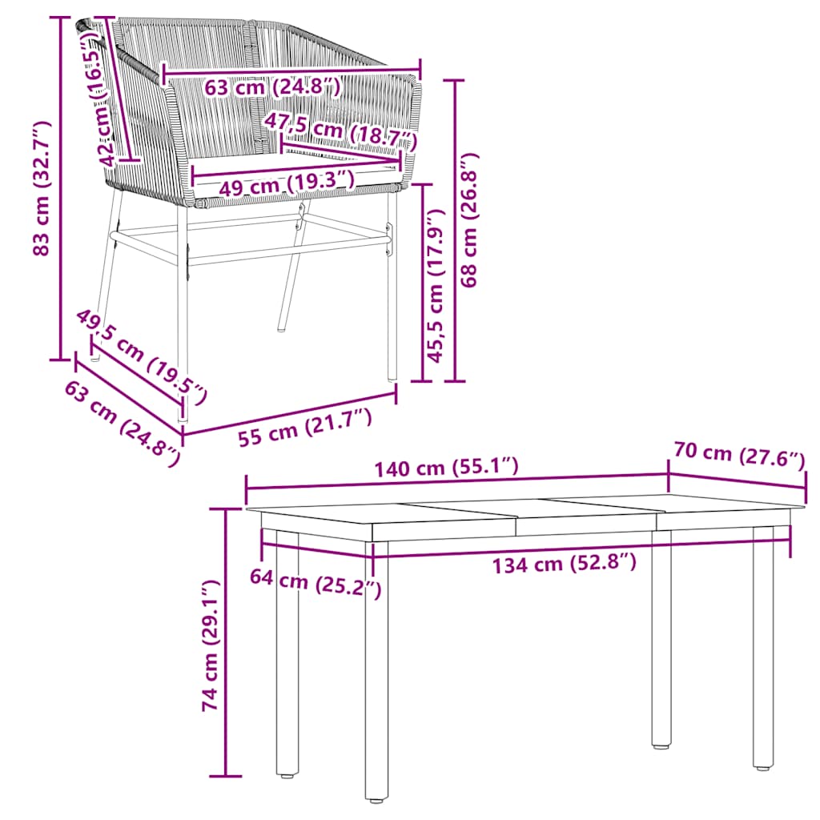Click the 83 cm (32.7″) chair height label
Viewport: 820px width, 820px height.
coord(41,189)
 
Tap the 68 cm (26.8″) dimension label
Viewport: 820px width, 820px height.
coord(470,220)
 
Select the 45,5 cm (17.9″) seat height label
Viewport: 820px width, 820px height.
coord(436,285)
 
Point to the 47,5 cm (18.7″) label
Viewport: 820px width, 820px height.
coord(341,130)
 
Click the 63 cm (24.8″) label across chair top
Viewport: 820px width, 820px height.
coord(272,86)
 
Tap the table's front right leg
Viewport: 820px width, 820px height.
coord(763,649)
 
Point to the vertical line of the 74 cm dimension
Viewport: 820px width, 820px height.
coord(227,641)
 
